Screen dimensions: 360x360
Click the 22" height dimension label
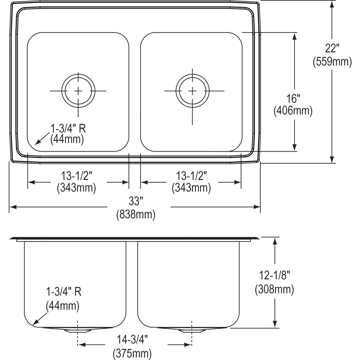pyautogui.click(x=332, y=48)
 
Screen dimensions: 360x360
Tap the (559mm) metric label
pyautogui.click(x=332, y=62)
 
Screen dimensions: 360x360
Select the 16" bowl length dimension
pyautogui.click(x=293, y=98)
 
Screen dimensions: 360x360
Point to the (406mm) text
pyautogui.click(x=293, y=111)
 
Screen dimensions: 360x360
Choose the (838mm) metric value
pyautogui.click(x=136, y=214)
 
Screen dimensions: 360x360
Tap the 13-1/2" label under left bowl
pyautogui.click(x=76, y=175)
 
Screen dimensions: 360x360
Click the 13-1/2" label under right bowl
pyautogui.click(x=191, y=175)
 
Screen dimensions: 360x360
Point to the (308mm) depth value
pyautogui.click(x=274, y=289)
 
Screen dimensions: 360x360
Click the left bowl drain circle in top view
pyautogui.click(x=78, y=91)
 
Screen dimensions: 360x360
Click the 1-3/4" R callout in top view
pyautogui.click(x=68, y=129)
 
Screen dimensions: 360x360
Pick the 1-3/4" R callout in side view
pyautogui.click(x=63, y=292)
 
